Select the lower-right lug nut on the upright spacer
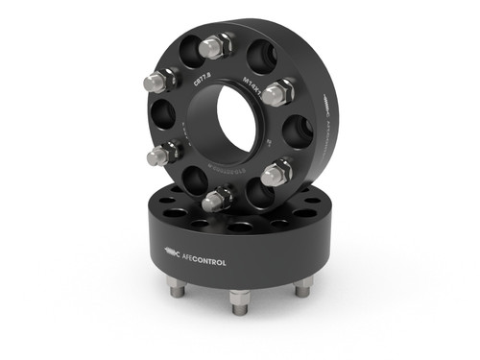(x=275, y=174)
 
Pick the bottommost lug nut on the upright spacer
(x=215, y=200)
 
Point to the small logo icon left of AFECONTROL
(x=170, y=253)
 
